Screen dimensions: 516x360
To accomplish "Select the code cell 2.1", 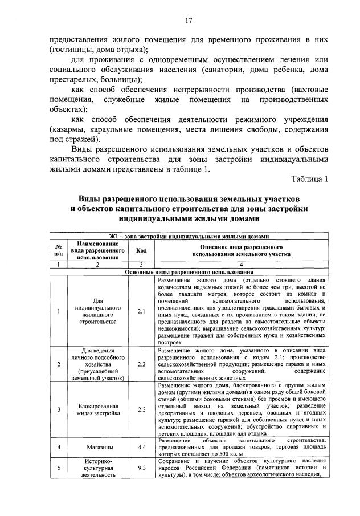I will pyautogui.click(x=141, y=311).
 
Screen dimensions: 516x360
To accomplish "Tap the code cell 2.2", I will pyautogui.click(x=141, y=363).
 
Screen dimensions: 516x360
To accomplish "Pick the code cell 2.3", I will pyautogui.click(x=141, y=409).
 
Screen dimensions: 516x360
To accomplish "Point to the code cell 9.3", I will pyautogui.click(x=141, y=468).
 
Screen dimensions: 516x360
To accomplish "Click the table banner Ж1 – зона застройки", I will pyautogui.click(x=189, y=237).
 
